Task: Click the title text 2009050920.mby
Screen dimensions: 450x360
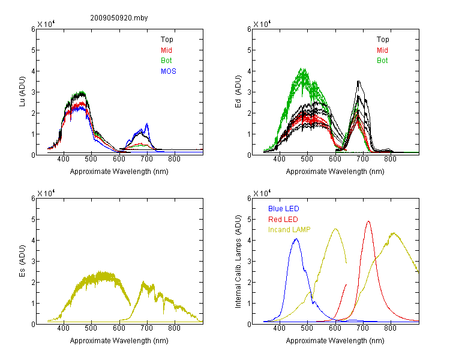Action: (119, 18)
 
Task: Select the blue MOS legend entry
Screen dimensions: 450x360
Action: (169, 71)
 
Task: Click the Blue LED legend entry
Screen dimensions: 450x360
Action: (284, 209)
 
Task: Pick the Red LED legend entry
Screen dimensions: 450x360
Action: (283, 220)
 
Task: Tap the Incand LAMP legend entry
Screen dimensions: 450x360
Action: (289, 230)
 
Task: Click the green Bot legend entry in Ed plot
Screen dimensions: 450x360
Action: (382, 61)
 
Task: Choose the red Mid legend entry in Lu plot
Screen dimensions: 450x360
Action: (166, 50)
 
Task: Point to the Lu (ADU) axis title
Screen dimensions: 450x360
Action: (22, 92)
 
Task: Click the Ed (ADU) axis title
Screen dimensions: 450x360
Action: (238, 92)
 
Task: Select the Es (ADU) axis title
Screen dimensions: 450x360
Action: (22, 261)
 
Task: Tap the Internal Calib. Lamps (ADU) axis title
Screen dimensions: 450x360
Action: (238, 262)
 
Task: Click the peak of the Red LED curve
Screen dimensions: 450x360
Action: (368, 221)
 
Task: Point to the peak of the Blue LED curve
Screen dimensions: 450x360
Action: (296, 239)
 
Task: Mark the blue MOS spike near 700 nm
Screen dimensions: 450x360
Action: (147, 124)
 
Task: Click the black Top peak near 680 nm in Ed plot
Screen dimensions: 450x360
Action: (358, 81)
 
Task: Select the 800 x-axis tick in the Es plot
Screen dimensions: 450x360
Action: (174, 328)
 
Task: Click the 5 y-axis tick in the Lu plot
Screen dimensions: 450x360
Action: (33, 50)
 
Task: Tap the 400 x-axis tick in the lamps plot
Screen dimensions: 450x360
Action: (280, 328)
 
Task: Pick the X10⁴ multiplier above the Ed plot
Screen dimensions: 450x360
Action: (262, 24)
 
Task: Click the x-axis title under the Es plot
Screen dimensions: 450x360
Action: (119, 341)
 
